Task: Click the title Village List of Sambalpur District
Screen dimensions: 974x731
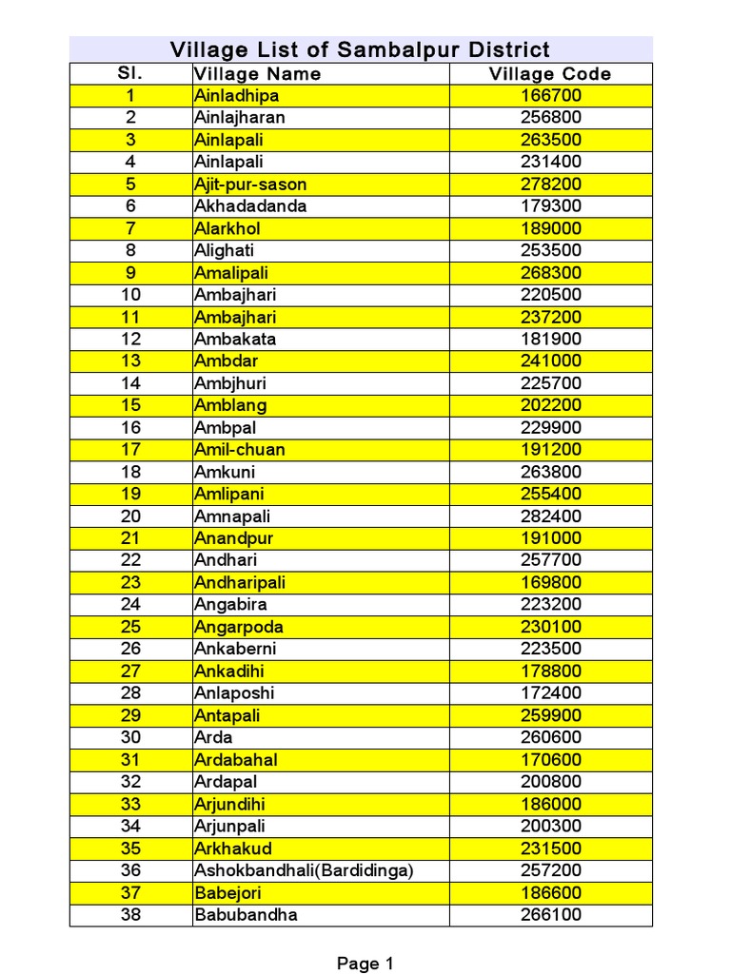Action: point(360,49)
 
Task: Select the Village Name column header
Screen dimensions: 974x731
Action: point(257,74)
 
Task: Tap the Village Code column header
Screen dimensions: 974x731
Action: point(550,74)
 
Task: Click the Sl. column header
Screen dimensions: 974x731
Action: point(130,74)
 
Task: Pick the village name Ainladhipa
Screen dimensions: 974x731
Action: point(236,96)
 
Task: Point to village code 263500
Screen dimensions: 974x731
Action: point(550,140)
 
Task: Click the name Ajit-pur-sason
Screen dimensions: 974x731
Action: point(250,185)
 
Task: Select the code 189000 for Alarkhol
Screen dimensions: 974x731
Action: point(550,228)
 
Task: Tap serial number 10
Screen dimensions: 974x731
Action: point(130,295)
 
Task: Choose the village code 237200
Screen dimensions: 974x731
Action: point(550,317)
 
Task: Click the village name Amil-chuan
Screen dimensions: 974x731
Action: point(239,450)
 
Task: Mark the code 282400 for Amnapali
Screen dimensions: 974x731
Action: point(550,516)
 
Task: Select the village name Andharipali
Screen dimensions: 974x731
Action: point(239,582)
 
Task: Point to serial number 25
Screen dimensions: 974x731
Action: point(130,627)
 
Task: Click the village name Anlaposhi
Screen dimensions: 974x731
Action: point(234,693)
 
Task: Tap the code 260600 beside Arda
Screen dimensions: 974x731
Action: point(550,737)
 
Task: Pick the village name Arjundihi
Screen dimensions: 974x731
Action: point(231,804)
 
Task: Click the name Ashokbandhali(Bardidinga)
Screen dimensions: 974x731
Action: point(305,870)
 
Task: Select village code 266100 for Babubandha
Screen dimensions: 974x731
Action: point(550,915)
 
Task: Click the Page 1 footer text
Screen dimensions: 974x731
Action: point(365,964)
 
